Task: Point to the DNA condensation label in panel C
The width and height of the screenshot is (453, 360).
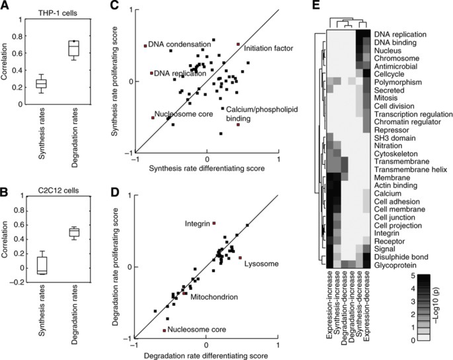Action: (x=179, y=45)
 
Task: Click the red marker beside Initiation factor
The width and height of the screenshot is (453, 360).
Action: (x=238, y=44)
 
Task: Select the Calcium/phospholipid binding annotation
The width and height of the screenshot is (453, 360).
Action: (x=251, y=114)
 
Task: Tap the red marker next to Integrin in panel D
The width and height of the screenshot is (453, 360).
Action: (x=214, y=224)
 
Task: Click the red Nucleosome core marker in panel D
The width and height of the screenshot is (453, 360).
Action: (x=164, y=329)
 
